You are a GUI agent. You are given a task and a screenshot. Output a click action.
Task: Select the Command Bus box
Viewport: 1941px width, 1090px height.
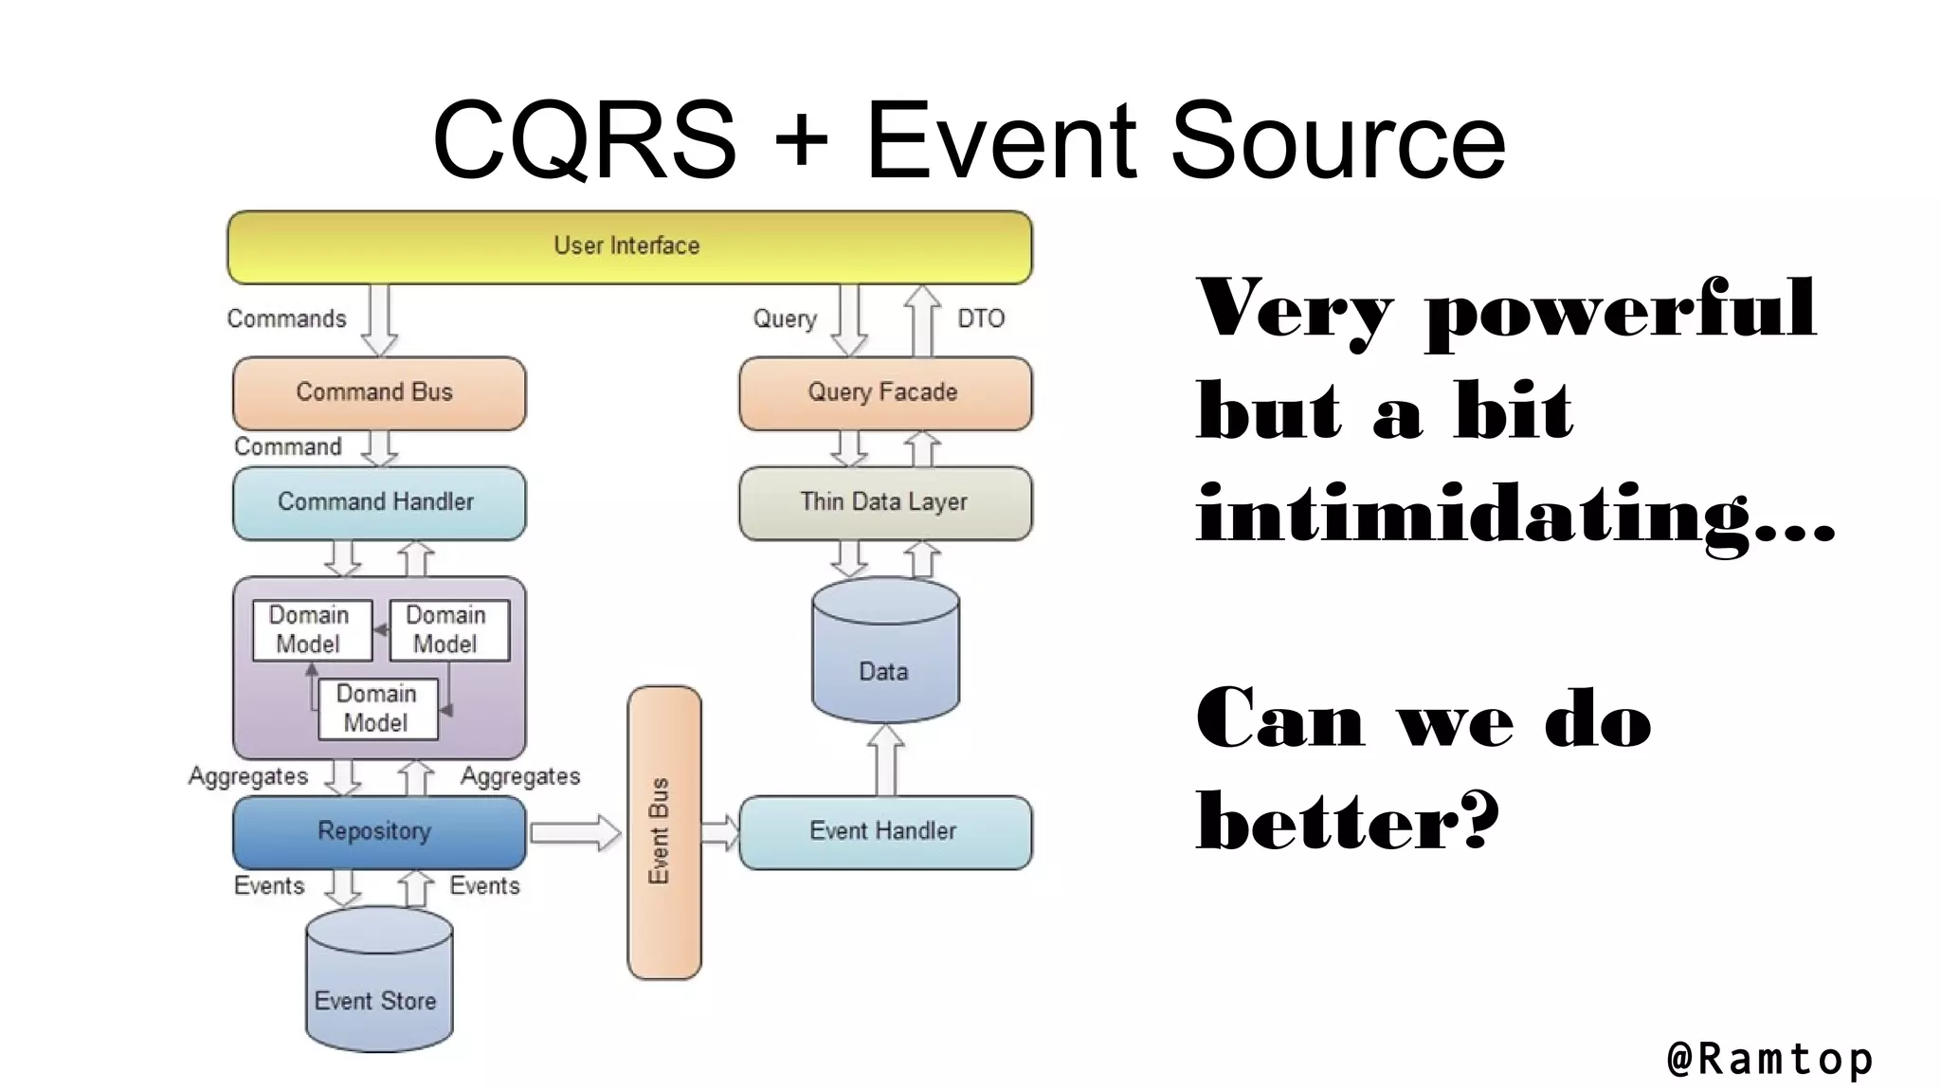click(378, 392)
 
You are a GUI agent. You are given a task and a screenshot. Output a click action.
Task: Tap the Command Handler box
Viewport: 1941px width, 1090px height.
click(378, 502)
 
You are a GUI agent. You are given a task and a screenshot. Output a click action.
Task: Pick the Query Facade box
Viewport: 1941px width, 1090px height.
click(884, 392)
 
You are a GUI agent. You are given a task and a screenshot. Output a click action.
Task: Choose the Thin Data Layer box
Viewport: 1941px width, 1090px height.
click(884, 502)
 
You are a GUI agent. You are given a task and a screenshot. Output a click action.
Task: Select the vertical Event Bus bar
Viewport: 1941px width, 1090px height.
click(663, 832)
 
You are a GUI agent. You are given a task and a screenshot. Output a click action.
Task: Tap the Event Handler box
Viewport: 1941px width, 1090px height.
click(884, 831)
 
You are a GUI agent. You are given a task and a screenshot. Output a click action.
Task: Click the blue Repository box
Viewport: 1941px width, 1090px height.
click(378, 831)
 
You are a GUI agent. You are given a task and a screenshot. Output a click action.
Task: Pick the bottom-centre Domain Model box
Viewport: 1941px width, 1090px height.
click(377, 708)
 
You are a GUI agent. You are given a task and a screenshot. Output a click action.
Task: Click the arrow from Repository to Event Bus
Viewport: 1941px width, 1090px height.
click(574, 832)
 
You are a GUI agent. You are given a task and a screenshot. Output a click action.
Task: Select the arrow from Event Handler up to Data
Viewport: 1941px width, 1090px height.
click(885, 760)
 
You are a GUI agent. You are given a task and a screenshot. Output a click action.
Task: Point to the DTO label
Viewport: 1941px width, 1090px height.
click(980, 318)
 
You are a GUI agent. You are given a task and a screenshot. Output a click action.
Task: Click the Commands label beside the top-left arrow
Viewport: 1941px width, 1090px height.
click(286, 318)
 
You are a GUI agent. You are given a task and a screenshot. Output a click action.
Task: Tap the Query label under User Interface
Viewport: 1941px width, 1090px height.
click(785, 318)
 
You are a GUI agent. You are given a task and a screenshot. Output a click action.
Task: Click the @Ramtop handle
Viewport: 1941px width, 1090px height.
click(1769, 1059)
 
